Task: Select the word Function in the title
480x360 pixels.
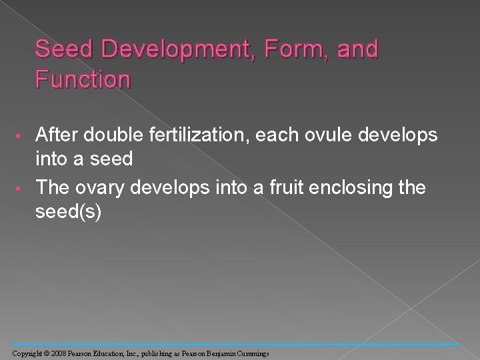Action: (83, 81)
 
